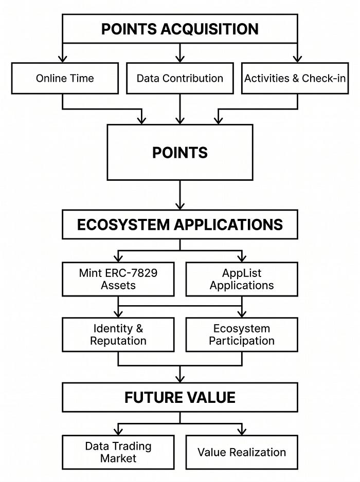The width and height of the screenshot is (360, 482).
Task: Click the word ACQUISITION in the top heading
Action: click(x=209, y=29)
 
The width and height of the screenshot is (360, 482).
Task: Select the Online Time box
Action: click(x=65, y=79)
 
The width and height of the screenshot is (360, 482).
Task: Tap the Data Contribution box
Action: click(x=180, y=79)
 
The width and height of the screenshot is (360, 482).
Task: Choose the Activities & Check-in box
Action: click(x=295, y=79)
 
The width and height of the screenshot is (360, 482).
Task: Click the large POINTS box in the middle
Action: click(x=180, y=152)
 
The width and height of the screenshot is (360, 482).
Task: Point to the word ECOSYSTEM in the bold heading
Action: click(x=123, y=225)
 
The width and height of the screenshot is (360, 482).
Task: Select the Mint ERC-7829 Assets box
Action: click(x=118, y=279)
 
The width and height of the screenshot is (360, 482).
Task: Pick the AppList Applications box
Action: click(x=242, y=279)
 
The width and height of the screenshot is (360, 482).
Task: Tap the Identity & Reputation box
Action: click(x=118, y=335)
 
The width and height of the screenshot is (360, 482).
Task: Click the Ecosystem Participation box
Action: click(x=242, y=335)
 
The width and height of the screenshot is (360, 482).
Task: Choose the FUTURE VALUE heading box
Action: click(x=180, y=397)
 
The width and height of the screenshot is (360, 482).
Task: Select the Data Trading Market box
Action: click(x=118, y=452)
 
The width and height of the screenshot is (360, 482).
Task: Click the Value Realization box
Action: click(x=242, y=452)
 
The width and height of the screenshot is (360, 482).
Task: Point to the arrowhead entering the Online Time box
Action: click(x=62, y=59)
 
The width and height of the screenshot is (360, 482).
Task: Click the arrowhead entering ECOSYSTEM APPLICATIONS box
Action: click(x=180, y=206)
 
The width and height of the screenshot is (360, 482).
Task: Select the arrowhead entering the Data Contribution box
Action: click(x=180, y=59)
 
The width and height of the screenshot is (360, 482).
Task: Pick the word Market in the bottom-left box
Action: click(x=118, y=458)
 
